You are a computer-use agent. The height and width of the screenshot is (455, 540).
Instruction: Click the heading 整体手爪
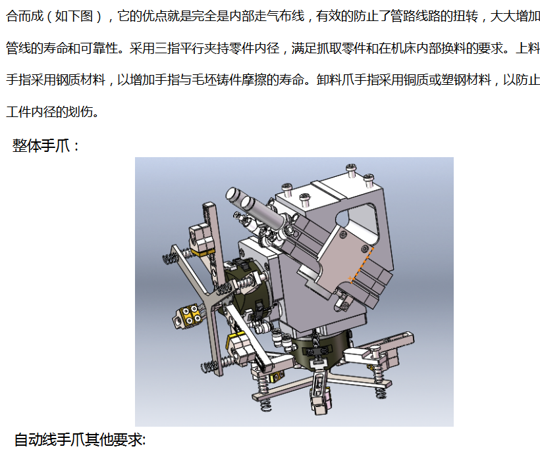[41, 145]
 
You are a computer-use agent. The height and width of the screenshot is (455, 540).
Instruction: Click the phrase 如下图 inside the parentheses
[74, 16]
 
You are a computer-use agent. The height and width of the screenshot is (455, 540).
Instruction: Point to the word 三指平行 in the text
[179, 48]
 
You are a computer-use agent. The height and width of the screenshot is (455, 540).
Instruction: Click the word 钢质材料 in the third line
[80, 80]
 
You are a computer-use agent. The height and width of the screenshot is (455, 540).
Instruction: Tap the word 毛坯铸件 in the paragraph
[217, 80]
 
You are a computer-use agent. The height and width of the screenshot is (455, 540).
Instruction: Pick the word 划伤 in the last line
[80, 112]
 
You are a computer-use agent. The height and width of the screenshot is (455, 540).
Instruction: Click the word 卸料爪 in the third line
[335, 80]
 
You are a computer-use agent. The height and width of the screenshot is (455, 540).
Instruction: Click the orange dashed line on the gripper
[362, 264]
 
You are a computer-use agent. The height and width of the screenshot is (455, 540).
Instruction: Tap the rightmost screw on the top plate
[369, 180]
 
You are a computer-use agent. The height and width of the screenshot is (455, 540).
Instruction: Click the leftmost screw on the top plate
[287, 189]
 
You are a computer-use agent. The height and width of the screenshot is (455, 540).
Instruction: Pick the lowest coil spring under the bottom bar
[265, 406]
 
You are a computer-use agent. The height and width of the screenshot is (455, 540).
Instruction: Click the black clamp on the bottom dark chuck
[314, 351]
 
